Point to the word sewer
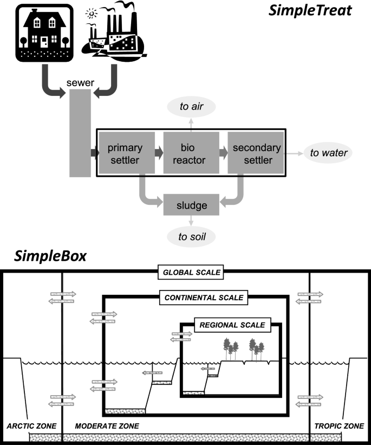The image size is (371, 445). [81, 82]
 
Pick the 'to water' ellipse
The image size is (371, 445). [328, 153]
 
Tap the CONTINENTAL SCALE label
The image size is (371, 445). [204, 298]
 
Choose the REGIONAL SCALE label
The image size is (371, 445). [232, 325]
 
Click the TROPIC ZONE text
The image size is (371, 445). [339, 426]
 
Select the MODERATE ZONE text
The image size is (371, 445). [106, 426]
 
